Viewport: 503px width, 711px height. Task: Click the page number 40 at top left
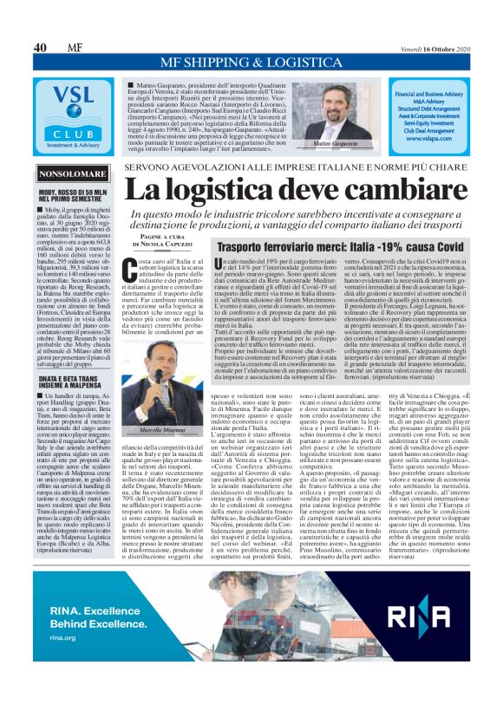click(40, 47)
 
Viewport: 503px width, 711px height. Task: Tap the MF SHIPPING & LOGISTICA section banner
click(251, 63)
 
